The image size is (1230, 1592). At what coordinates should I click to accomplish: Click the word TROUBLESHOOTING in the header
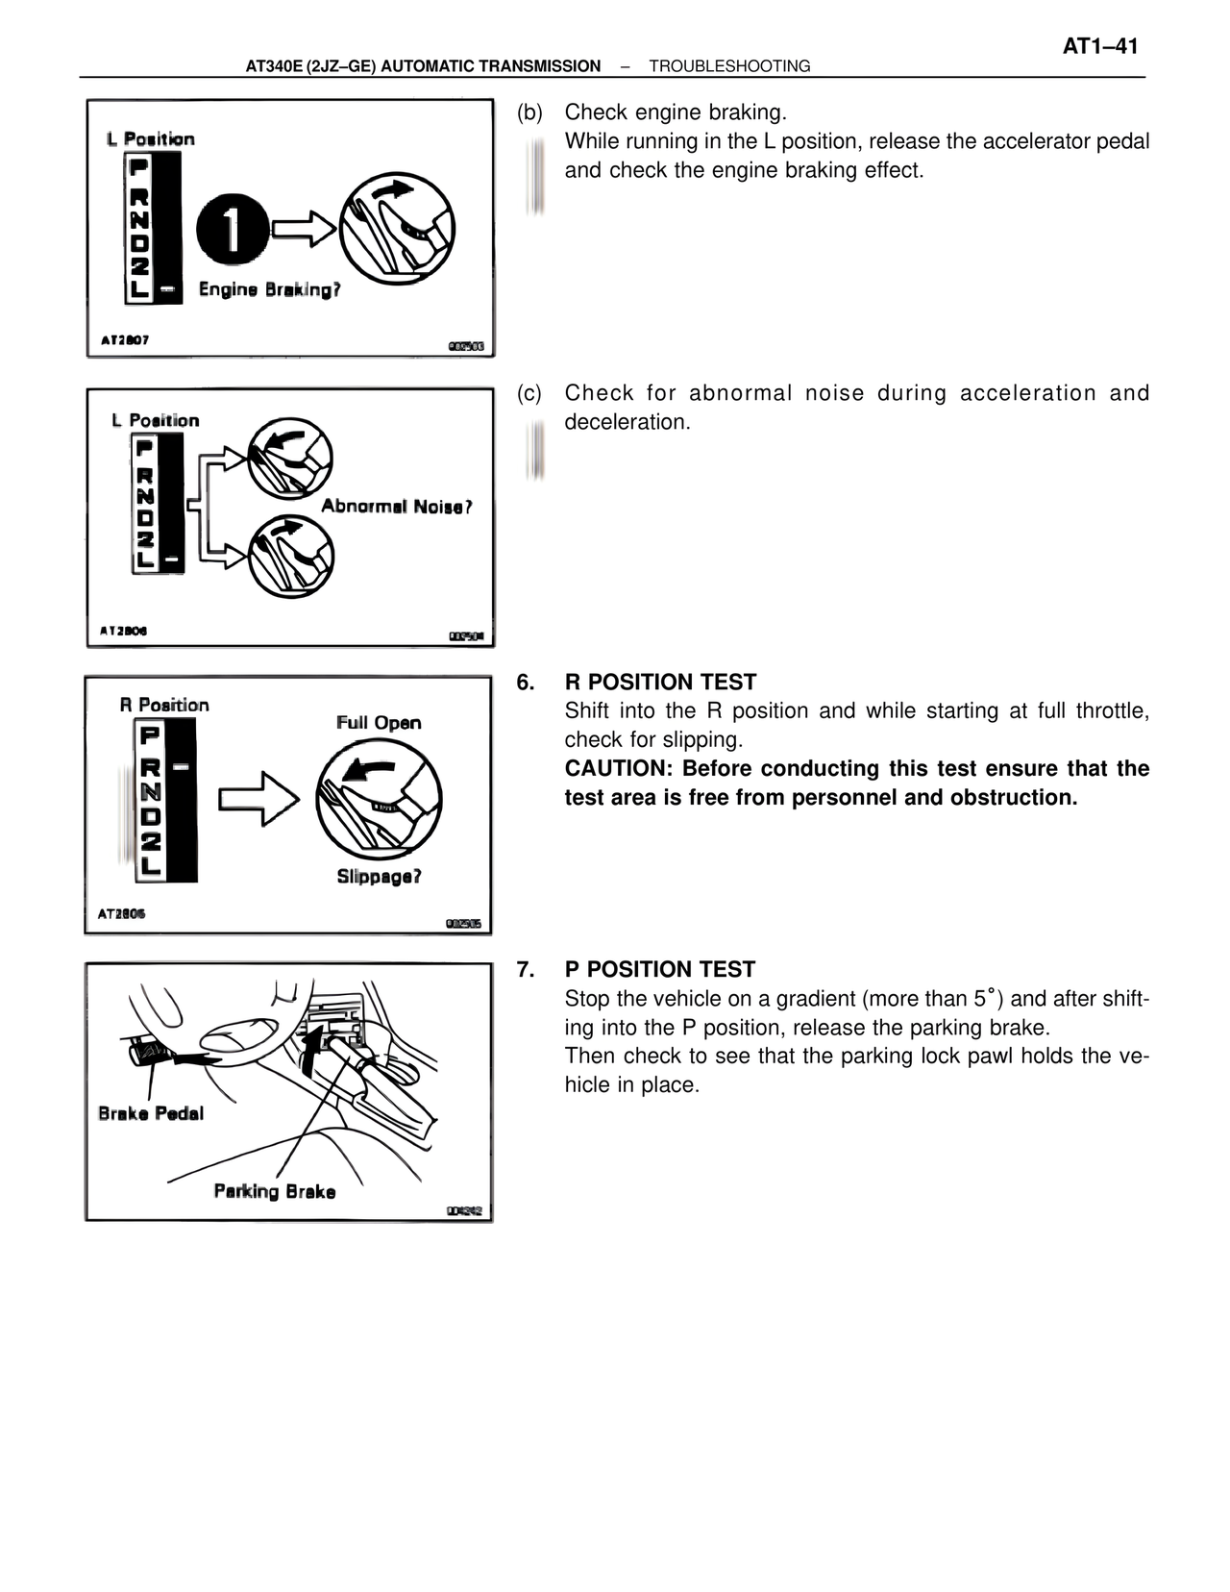click(x=729, y=66)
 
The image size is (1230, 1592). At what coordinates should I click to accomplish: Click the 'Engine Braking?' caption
click(x=269, y=289)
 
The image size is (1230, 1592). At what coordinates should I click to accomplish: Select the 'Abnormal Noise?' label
click(x=396, y=507)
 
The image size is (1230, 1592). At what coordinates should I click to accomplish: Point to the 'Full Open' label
click(x=379, y=723)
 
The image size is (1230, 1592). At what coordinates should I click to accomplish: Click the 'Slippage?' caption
click(x=379, y=876)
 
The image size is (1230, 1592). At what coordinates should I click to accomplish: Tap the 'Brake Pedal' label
click(x=151, y=1113)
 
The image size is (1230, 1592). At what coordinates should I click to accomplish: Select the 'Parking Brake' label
click(x=275, y=1191)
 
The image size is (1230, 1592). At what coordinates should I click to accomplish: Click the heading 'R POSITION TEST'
click(x=660, y=683)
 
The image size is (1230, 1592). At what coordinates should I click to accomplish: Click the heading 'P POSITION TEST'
click(x=659, y=970)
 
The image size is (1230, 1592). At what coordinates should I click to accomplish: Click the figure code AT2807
click(x=125, y=340)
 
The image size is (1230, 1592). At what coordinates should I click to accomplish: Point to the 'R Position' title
click(x=164, y=705)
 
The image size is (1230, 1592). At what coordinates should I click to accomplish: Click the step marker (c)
click(x=529, y=393)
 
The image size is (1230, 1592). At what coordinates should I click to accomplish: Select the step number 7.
click(x=526, y=970)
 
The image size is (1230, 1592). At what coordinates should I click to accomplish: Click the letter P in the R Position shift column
click(x=151, y=736)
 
